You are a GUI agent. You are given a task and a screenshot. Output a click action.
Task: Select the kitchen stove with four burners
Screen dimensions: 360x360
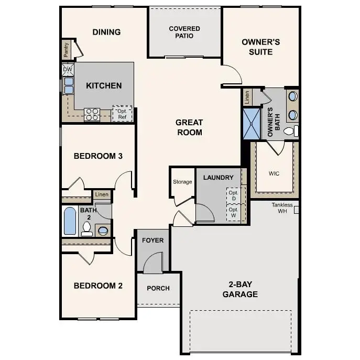pyautogui.click(x=92, y=114)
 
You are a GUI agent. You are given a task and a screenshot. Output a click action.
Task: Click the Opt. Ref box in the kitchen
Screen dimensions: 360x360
pyautogui.click(x=122, y=114)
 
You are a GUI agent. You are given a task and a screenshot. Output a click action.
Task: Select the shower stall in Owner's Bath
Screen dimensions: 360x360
pyautogui.click(x=251, y=124)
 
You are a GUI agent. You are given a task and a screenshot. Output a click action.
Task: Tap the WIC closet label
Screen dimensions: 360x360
pyautogui.click(x=275, y=172)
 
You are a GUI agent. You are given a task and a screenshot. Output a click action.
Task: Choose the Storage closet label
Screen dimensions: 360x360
pyautogui.click(x=182, y=182)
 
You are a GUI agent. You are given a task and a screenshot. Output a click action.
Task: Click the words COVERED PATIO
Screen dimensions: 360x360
pyautogui.click(x=184, y=32)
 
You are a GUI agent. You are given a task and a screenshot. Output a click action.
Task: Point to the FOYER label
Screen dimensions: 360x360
pyautogui.click(x=152, y=241)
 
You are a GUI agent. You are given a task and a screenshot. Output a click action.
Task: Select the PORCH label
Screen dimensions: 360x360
pyautogui.click(x=158, y=288)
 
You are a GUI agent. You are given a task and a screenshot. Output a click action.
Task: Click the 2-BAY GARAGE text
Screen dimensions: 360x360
pyautogui.click(x=240, y=289)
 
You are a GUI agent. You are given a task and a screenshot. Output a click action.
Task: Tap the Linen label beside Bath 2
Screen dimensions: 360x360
pyautogui.click(x=102, y=195)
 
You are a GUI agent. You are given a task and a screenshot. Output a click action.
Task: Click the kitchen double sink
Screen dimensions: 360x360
pyautogui.click(x=68, y=85)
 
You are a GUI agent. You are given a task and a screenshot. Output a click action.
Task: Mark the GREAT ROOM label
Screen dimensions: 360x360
pyautogui.click(x=189, y=127)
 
